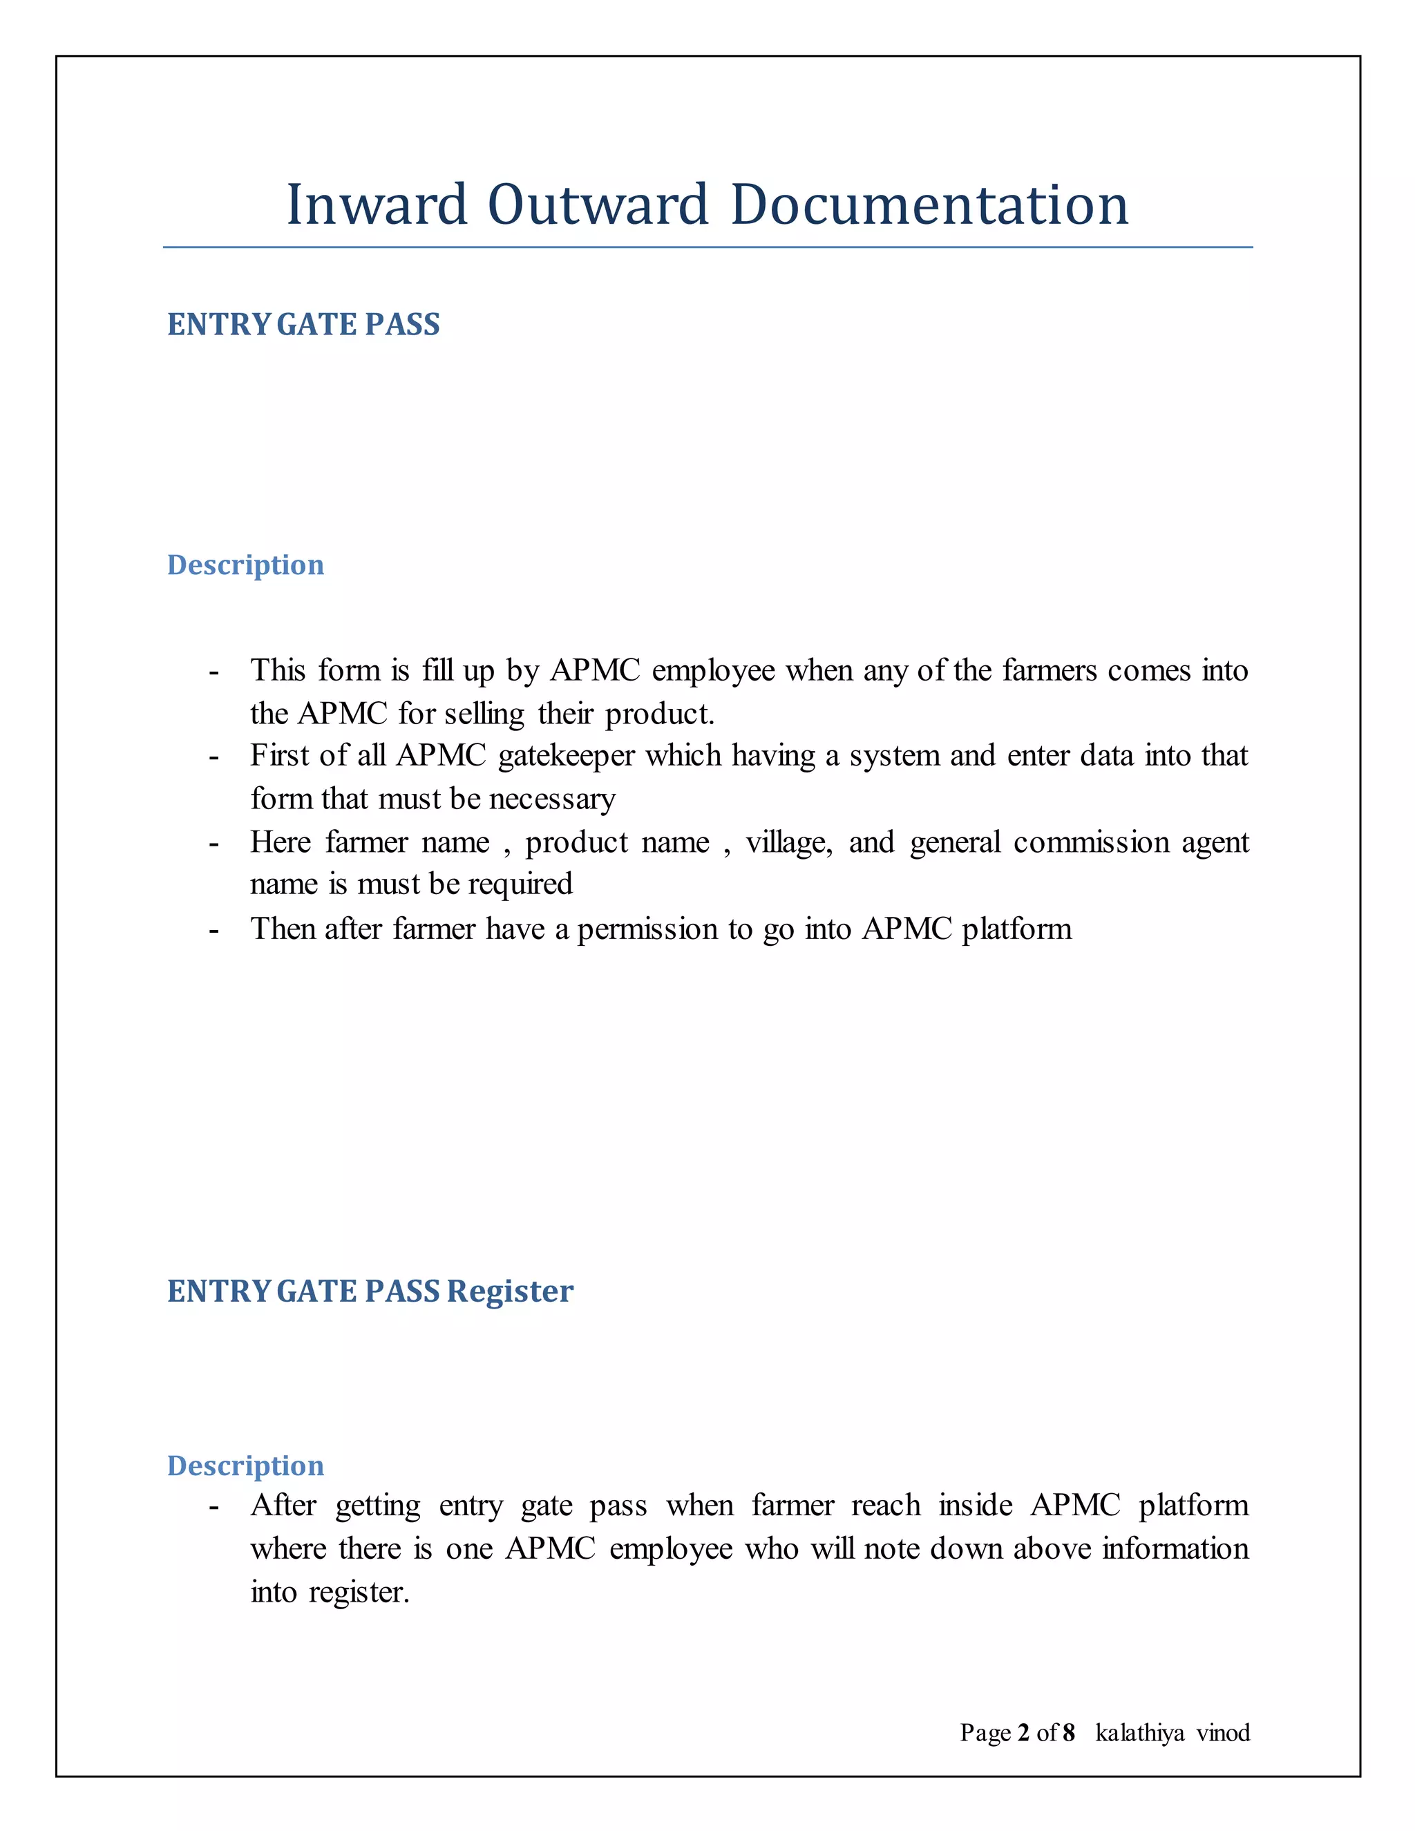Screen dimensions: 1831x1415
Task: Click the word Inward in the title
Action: click(377, 205)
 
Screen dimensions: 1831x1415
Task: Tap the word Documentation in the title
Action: click(929, 205)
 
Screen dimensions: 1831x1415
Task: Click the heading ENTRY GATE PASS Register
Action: click(370, 1292)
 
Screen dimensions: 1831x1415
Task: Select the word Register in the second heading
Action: click(510, 1292)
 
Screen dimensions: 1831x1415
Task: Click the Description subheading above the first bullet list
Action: click(245, 565)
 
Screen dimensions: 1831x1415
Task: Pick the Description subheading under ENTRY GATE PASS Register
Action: click(245, 1465)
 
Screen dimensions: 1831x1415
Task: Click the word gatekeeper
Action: click(567, 756)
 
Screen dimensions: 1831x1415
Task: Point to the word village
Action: click(788, 842)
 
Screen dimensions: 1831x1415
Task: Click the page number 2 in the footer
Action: click(1023, 1733)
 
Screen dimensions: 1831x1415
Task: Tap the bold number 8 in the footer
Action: click(1068, 1733)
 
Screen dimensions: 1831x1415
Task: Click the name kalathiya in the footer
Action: click(1139, 1733)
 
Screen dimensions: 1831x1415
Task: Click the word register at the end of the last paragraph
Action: click(358, 1593)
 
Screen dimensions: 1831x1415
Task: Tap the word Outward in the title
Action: click(598, 205)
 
